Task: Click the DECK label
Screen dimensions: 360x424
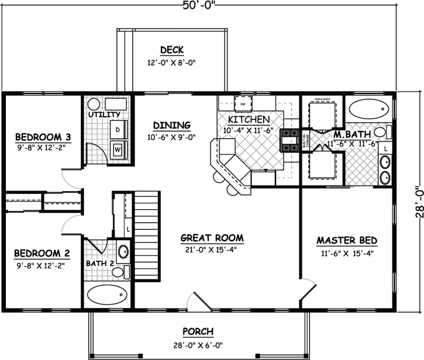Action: click(173, 49)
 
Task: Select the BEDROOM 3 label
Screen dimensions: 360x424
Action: click(42, 137)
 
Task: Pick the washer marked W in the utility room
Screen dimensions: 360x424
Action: click(118, 148)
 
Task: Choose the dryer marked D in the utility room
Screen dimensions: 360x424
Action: click(118, 128)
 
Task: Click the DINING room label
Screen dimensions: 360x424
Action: click(172, 125)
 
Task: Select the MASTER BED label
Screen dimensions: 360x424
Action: click(347, 240)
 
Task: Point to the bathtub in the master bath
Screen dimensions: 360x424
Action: click(368, 109)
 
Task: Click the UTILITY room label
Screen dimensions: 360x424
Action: click(104, 115)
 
